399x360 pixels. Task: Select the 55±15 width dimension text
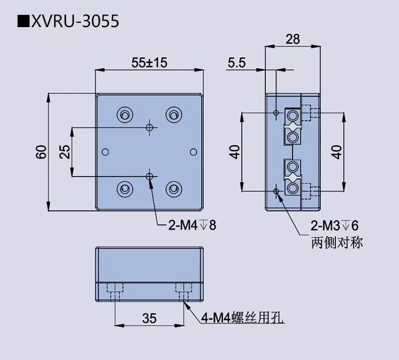[x=149, y=63]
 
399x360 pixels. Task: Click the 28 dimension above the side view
[x=293, y=39]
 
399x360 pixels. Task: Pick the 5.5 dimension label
[x=236, y=63]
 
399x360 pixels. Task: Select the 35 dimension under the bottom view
[x=149, y=318]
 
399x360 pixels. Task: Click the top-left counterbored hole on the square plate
[x=124, y=115]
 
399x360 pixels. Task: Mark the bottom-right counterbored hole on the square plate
[x=174, y=189]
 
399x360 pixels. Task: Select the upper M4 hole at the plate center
[x=149, y=127]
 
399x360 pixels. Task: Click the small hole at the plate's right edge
[x=193, y=152]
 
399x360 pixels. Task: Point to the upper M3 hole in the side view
[x=277, y=114]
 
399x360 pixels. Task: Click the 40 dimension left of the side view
[x=235, y=152]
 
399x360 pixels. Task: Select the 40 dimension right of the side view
[x=337, y=152]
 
